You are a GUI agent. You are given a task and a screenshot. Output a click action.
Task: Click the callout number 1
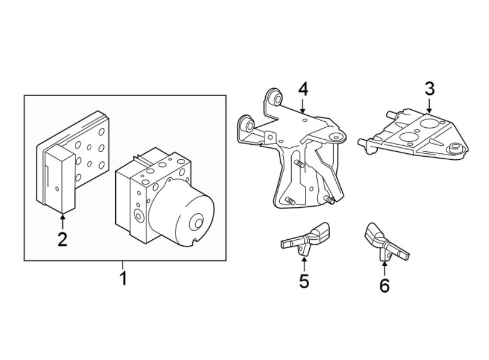[x=123, y=279]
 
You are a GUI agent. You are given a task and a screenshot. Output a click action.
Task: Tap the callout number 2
[x=62, y=239]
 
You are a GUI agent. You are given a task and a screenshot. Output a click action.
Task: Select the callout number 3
[x=429, y=89]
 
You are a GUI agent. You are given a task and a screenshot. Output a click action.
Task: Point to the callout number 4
[x=303, y=89]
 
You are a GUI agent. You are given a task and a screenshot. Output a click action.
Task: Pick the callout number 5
[x=304, y=281]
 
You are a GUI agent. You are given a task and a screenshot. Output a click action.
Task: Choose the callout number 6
[x=384, y=285]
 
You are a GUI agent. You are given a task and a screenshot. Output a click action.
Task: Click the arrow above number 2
[x=62, y=220]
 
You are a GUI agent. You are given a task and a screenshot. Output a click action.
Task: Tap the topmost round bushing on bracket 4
[x=275, y=98]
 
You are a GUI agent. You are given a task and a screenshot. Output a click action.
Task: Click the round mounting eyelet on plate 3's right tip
[x=455, y=146]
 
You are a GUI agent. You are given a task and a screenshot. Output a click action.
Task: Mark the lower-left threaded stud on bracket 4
[x=289, y=203]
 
